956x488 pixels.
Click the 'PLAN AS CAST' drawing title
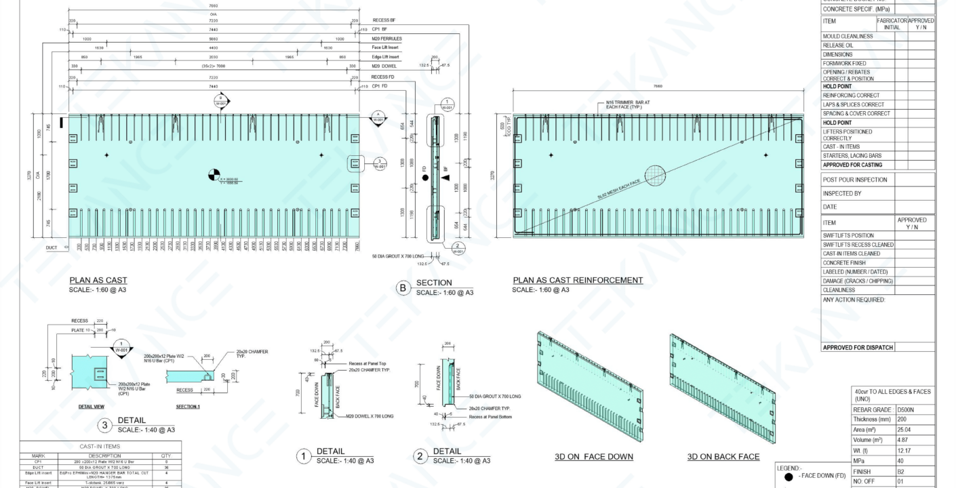(98, 280)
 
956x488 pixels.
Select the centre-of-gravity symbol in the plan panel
(214, 175)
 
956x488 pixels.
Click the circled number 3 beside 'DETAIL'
(103, 425)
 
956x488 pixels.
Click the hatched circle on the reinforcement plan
(656, 176)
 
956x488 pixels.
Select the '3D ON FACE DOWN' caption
(594, 456)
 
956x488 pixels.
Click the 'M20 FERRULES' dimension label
(389, 39)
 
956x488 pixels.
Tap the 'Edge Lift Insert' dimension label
(389, 57)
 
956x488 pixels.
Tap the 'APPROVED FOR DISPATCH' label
(856, 348)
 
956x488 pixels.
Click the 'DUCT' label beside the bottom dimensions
(52, 248)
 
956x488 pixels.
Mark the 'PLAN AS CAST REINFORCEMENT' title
(578, 280)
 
